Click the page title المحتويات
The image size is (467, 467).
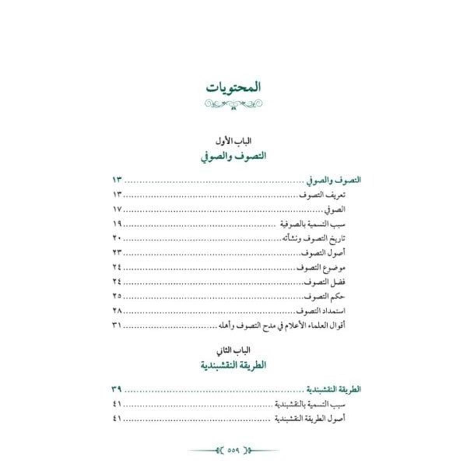coord(233,87)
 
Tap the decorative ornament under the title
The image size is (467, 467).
coord(233,104)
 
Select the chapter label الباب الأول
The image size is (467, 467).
coord(233,141)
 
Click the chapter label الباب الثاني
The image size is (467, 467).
coord(233,350)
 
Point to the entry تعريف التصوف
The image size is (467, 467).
coord(322,195)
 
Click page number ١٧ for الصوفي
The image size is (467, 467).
coord(117,209)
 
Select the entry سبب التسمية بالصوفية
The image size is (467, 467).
coord(313,224)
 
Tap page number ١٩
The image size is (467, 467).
coord(117,224)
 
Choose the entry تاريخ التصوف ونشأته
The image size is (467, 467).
coord(313,239)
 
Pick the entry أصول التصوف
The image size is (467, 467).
coord(323,253)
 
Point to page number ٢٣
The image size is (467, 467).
coord(117,253)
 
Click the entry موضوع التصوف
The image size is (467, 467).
coord(321,268)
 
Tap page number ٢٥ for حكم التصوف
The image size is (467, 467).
coord(117,297)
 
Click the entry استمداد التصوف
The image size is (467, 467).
coord(321,311)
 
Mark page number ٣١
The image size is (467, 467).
coord(117,325)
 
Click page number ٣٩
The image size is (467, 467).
coord(117,389)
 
